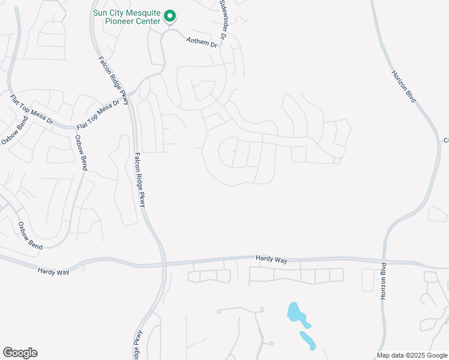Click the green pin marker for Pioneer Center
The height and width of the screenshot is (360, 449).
coord(170,16)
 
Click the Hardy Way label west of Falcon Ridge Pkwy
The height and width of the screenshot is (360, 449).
coord(53,272)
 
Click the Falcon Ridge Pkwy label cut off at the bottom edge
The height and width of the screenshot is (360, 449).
coord(138,345)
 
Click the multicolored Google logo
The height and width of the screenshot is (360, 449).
coord(20,353)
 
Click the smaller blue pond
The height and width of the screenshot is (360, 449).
coord(308,340)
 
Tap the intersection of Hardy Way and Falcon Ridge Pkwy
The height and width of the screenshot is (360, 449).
coord(163,263)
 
